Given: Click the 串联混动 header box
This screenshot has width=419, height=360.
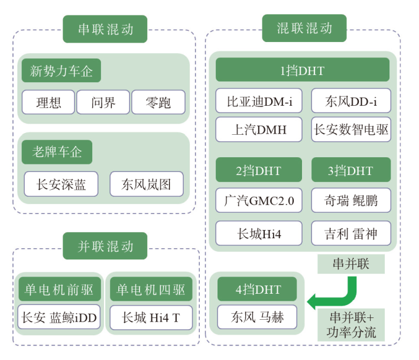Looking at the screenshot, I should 105,29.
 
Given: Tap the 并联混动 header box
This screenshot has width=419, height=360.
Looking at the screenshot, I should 105,246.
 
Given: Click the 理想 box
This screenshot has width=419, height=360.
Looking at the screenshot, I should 48,103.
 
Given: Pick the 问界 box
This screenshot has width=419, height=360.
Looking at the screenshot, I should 103,103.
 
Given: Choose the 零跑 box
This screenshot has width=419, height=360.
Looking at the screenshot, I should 158,103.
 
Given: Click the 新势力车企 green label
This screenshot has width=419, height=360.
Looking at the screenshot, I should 61,72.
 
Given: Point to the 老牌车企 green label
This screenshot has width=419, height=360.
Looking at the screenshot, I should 57,153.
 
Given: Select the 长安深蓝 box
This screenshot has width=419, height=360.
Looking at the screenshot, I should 61,184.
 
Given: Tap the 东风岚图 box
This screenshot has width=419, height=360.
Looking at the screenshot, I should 147,184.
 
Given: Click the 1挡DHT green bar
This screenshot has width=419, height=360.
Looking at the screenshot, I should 303,70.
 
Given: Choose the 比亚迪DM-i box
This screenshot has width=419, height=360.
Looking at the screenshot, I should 259,102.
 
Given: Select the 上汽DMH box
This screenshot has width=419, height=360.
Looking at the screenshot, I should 259,129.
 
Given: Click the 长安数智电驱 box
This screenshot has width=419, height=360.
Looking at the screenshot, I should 351,129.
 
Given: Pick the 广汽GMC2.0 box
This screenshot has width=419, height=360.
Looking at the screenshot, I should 259,200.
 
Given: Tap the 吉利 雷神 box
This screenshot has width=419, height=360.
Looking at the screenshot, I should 351,233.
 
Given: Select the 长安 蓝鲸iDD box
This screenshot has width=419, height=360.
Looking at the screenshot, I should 57,318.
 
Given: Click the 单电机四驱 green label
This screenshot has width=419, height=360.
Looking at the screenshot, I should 151,290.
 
